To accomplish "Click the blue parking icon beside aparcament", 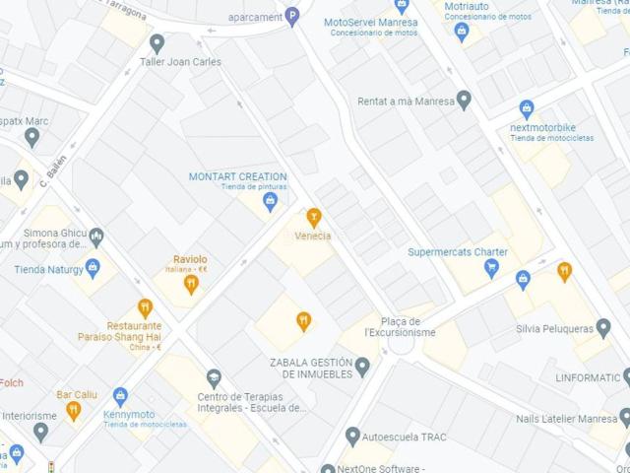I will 291,16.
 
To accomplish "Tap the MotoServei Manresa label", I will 370,22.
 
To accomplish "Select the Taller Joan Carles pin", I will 157,42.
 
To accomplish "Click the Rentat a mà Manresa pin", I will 464,100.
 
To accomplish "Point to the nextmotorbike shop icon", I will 527,109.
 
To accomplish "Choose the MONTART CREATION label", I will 238,176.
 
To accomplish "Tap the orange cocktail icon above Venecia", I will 314,217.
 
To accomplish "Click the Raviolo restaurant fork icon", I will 191,284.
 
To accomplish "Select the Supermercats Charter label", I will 458,252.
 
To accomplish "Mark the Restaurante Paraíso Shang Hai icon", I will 145,307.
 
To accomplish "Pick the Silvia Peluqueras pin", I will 602,327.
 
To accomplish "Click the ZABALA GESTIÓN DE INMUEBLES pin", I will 362,368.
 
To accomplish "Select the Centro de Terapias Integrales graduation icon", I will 214,378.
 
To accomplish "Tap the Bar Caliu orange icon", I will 73,411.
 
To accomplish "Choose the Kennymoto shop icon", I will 120,397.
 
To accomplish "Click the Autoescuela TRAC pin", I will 352,436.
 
